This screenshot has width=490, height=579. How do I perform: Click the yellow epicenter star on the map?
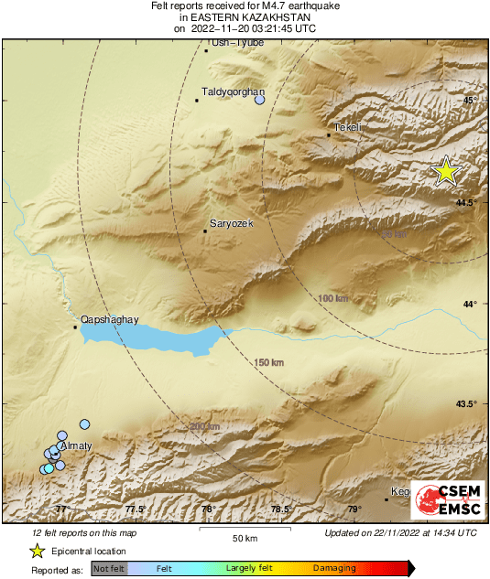446,171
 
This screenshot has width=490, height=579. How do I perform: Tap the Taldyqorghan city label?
233,92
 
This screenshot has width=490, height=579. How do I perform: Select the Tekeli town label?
349,127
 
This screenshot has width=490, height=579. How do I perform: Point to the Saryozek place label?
232,223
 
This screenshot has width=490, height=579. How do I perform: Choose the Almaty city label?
75,445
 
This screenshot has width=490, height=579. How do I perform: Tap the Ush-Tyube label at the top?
237,42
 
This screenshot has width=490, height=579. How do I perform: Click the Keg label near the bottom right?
400,492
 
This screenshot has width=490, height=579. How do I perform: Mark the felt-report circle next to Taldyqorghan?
259,100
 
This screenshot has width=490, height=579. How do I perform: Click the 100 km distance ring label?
333,299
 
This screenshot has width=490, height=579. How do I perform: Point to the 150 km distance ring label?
270,364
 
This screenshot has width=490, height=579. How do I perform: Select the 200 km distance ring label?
205,426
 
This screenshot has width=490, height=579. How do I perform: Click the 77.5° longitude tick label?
136,509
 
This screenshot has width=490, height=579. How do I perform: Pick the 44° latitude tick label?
470,304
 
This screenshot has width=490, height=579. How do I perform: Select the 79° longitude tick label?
354,509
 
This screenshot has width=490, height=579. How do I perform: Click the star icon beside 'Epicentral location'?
37,551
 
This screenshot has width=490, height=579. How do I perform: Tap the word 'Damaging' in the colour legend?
335,568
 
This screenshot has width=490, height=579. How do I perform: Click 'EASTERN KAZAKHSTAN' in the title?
244,17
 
